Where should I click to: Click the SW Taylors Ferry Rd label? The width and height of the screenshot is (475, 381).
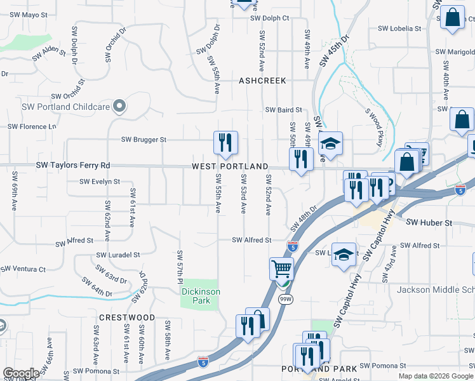(x=72, y=166)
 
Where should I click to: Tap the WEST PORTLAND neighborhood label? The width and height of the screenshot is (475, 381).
(x=231, y=166)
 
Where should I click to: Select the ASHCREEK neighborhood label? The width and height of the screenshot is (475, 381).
(x=262, y=81)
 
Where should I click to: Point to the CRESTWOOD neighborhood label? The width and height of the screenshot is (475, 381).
(x=127, y=317)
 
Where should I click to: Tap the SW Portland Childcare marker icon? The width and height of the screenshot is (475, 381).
(x=118, y=105)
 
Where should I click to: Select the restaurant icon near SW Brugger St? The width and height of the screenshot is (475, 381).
(x=225, y=143)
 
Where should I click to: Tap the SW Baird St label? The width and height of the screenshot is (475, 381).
(x=283, y=110)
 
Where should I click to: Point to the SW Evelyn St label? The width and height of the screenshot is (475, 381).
(x=100, y=182)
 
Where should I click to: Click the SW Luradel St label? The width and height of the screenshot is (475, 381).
(x=118, y=255)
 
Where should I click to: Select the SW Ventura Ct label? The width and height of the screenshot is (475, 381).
(x=23, y=269)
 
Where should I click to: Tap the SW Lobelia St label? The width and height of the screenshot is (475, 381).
(x=399, y=29)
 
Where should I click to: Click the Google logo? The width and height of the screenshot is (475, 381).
(x=21, y=373)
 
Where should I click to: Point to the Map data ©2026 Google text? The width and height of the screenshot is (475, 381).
(x=435, y=376)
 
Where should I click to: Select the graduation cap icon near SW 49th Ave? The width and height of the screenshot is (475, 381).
(x=330, y=144)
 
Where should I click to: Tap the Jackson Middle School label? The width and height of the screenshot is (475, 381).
(x=436, y=290)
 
